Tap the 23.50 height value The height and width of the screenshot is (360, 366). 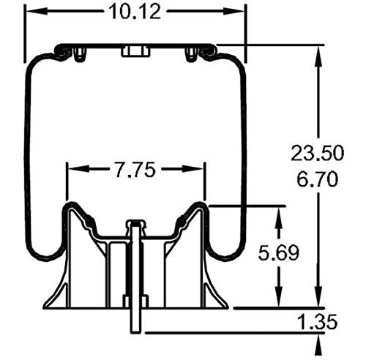(x=317, y=153)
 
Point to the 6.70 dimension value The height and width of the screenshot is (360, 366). (x=317, y=178)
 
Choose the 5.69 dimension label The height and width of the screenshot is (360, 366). (x=279, y=255)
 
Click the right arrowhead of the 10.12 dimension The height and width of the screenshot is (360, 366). (x=239, y=12)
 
